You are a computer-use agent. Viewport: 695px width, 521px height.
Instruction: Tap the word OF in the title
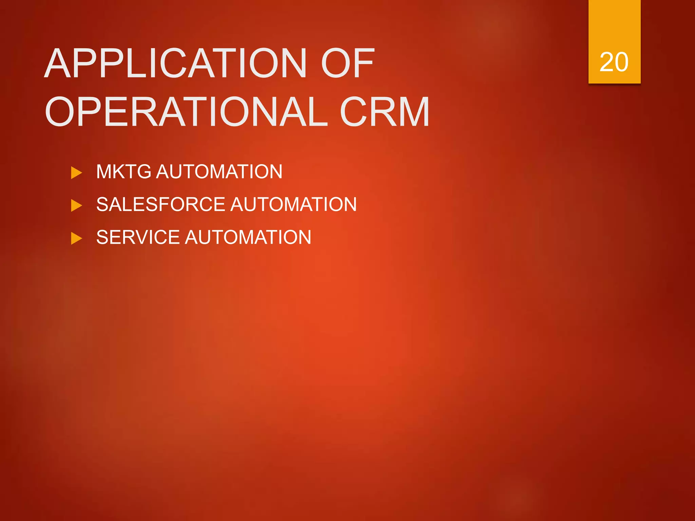(347, 63)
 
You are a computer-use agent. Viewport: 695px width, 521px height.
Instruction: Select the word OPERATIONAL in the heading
(186, 112)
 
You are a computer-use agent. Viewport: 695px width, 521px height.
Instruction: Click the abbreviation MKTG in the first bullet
(124, 172)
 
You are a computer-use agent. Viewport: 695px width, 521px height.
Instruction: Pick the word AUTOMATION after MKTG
(219, 172)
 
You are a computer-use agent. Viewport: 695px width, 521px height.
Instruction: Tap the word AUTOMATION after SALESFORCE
(294, 205)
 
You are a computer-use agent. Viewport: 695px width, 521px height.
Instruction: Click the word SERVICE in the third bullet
(137, 237)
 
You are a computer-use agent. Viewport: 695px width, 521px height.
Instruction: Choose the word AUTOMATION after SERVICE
(248, 237)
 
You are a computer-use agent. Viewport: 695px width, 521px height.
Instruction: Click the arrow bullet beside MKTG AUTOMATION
(76, 173)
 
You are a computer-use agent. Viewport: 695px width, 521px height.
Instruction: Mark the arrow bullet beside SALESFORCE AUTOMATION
(76, 206)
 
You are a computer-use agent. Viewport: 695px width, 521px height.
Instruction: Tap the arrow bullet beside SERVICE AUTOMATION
(76, 238)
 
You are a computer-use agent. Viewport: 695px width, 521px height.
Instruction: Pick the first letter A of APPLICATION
(58, 63)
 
